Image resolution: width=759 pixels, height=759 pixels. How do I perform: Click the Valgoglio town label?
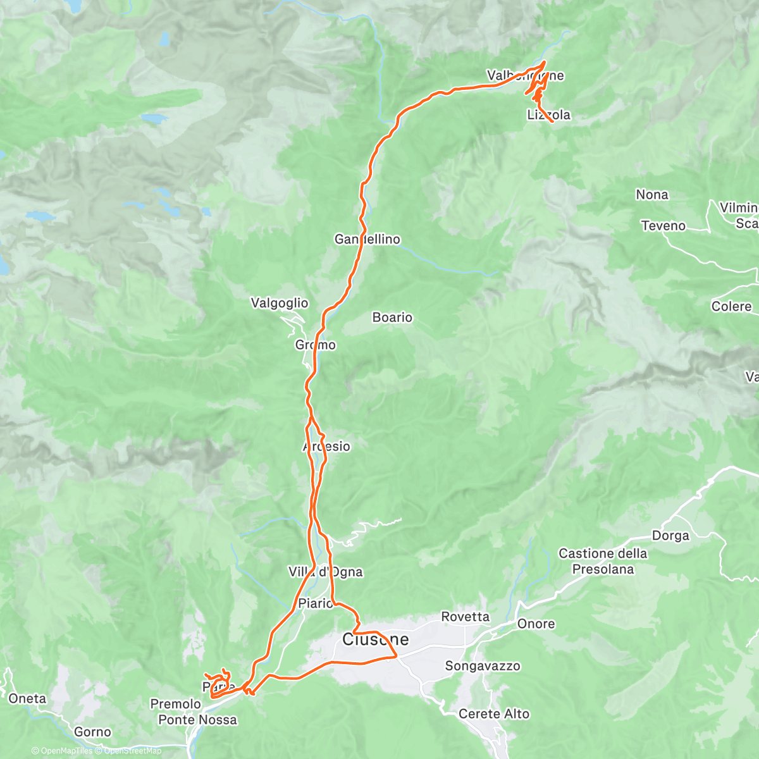tap(280, 303)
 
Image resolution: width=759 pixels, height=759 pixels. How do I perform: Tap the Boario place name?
tap(392, 317)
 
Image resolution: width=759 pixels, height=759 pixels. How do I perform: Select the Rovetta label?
tap(466, 617)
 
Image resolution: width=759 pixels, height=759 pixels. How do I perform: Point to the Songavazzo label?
tap(483, 665)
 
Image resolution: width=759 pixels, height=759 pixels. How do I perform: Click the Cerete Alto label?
tap(494, 713)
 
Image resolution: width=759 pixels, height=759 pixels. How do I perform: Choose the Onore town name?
tap(536, 624)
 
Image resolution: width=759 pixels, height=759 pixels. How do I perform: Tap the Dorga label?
tap(670, 536)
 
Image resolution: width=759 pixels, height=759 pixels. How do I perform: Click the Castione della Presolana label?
tap(603, 561)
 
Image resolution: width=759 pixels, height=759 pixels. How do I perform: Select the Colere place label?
tap(731, 306)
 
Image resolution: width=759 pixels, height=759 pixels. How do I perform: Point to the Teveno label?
tap(663, 226)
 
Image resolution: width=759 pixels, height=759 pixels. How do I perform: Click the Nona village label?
tap(652, 194)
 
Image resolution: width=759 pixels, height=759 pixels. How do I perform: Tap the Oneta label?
tap(27, 698)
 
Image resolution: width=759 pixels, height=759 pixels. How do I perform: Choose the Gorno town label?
tap(92, 732)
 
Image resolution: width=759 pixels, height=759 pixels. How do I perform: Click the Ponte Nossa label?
tap(197, 720)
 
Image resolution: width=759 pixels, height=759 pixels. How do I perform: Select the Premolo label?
tap(175, 703)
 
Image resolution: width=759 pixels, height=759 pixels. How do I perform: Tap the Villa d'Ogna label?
tap(326, 572)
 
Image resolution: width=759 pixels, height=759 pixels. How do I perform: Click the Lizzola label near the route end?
tap(548, 114)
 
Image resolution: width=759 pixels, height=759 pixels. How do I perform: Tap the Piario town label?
tap(315, 603)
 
